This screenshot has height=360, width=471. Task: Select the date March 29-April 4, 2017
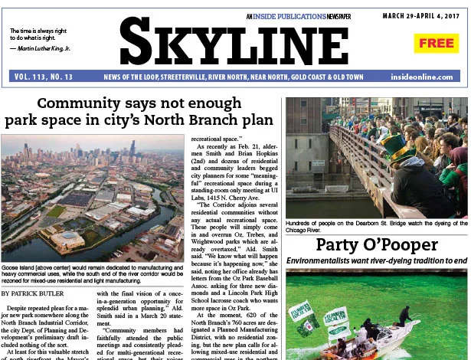tap(425, 15)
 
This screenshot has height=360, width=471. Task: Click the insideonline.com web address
tap(429, 77)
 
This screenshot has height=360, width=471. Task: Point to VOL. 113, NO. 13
tap(44, 77)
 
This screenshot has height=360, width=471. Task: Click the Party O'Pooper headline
tap(376, 245)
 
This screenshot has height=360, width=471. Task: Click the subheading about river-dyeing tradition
tap(376, 261)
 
